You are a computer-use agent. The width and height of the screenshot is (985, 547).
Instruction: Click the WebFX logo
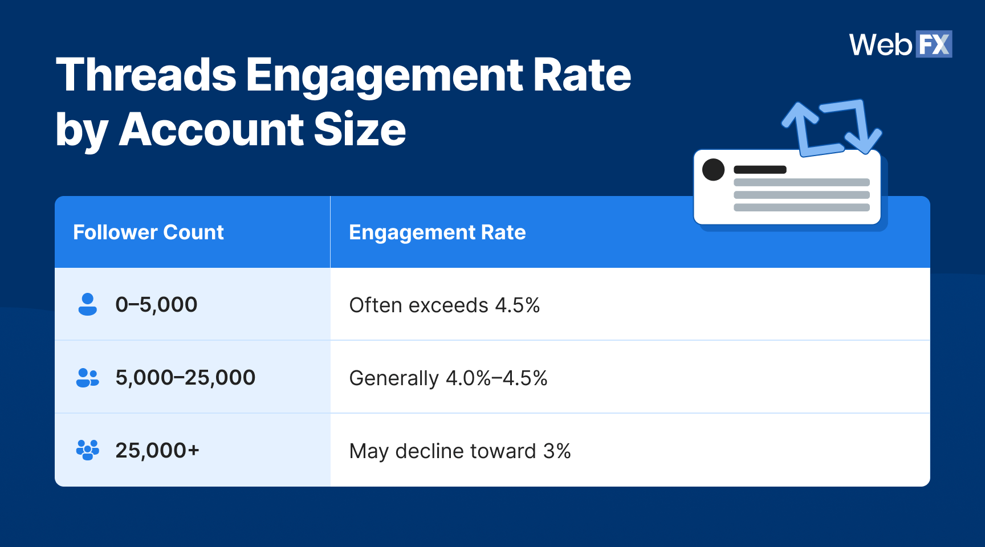coord(900,44)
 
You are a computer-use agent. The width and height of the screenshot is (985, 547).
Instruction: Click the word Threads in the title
coord(146,75)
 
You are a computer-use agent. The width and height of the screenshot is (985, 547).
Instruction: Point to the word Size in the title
coord(359,130)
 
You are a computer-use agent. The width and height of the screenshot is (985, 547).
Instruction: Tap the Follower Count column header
coord(148,232)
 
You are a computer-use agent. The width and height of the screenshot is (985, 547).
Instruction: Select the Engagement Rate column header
coord(437,232)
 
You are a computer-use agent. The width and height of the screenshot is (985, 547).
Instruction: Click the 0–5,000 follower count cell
coord(156,305)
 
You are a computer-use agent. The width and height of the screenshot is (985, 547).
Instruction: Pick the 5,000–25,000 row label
coord(185,378)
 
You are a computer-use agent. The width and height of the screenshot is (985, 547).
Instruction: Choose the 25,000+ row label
coord(157,451)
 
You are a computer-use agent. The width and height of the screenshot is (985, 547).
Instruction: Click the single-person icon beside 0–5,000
coord(87,304)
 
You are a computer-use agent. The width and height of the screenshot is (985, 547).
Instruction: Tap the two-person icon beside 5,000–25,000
coord(87,377)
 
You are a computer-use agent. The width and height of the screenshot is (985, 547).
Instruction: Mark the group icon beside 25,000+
coord(87,450)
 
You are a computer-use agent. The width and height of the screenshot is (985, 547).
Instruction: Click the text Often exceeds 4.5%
coord(444,305)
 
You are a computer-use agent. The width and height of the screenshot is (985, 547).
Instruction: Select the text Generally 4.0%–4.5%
coord(448,378)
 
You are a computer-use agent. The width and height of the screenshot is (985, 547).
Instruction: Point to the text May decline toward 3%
coord(459,451)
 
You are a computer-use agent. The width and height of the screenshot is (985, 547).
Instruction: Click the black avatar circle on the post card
coord(713,170)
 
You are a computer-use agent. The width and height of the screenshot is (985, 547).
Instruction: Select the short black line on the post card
coord(760,170)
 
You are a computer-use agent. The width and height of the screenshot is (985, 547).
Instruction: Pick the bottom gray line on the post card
coord(801,207)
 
